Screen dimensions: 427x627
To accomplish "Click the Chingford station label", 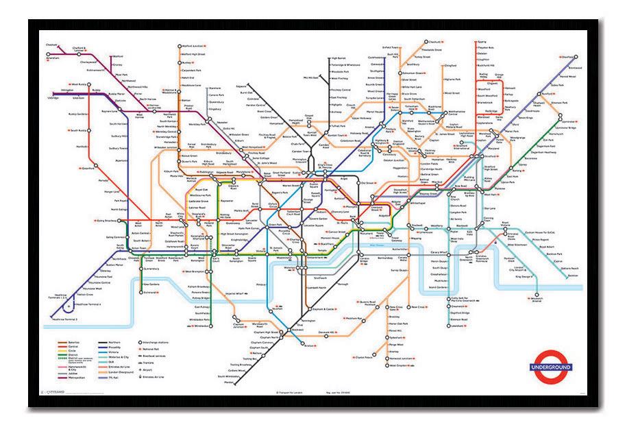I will coord(450,66).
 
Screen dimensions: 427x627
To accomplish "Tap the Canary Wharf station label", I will coord(440,252).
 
